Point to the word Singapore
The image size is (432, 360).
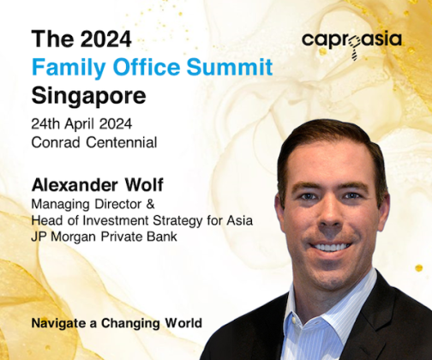coord(88,96)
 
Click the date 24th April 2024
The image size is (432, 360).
coord(81,124)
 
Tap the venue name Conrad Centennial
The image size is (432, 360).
coord(94,142)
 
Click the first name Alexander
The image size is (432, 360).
coord(75,185)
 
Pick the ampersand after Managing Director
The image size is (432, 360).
coord(150,204)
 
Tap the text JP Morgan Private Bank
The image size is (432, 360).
coord(104,237)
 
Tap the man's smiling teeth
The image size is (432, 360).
coord(330,247)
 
